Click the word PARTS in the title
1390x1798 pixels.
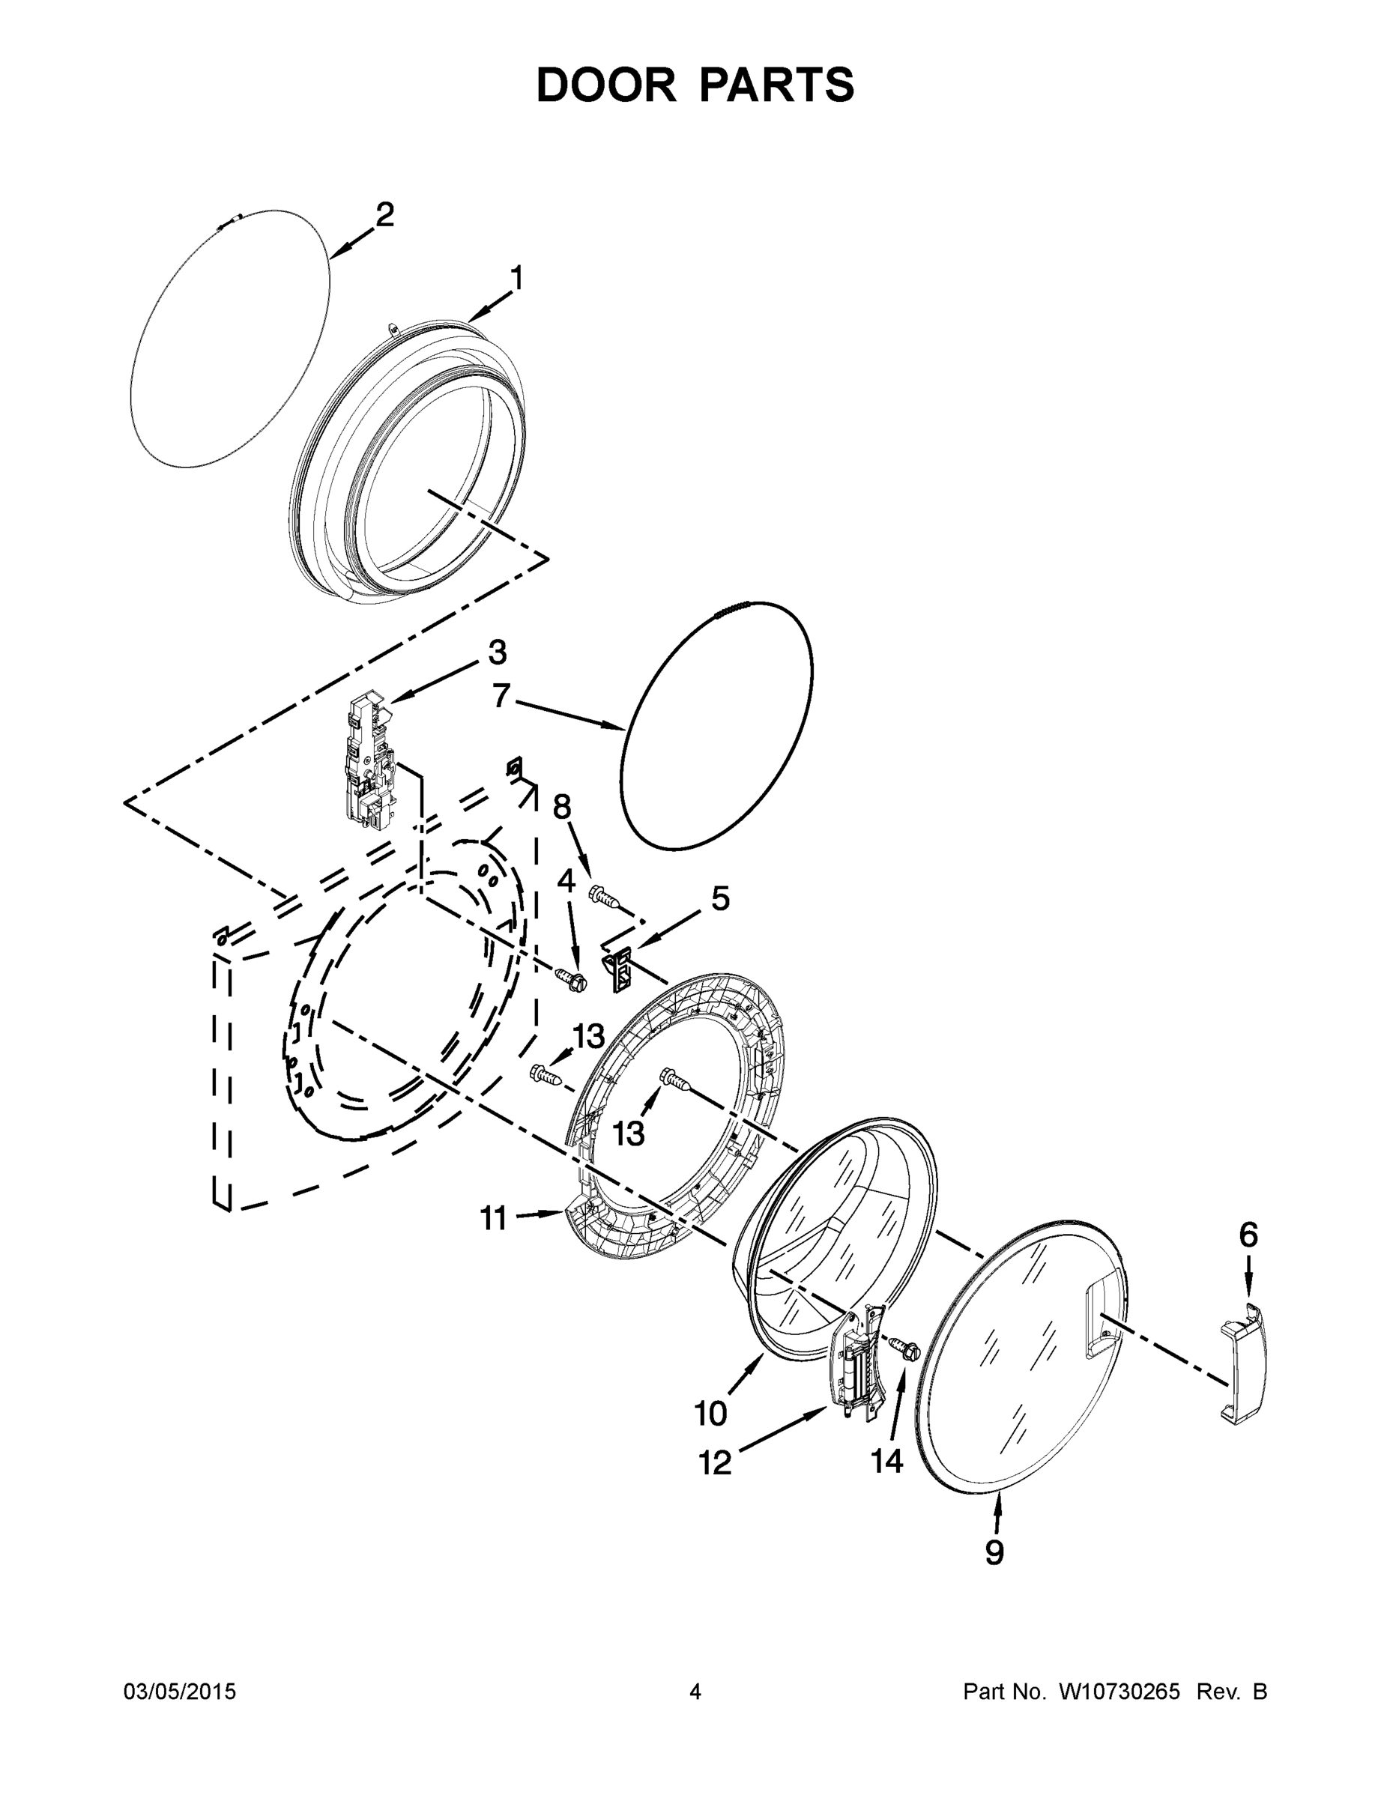tap(772, 85)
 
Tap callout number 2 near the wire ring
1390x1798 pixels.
tap(384, 216)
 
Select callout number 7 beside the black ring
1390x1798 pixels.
tap(501, 696)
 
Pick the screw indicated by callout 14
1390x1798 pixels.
tap(906, 1348)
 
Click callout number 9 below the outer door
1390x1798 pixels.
tap(994, 1552)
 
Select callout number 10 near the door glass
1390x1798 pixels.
tap(710, 1414)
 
